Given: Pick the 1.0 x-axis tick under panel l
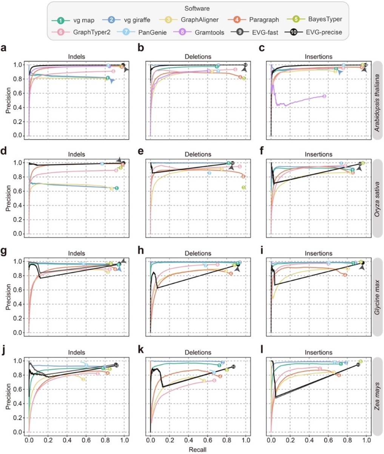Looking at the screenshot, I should pyautogui.click(x=366, y=441).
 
